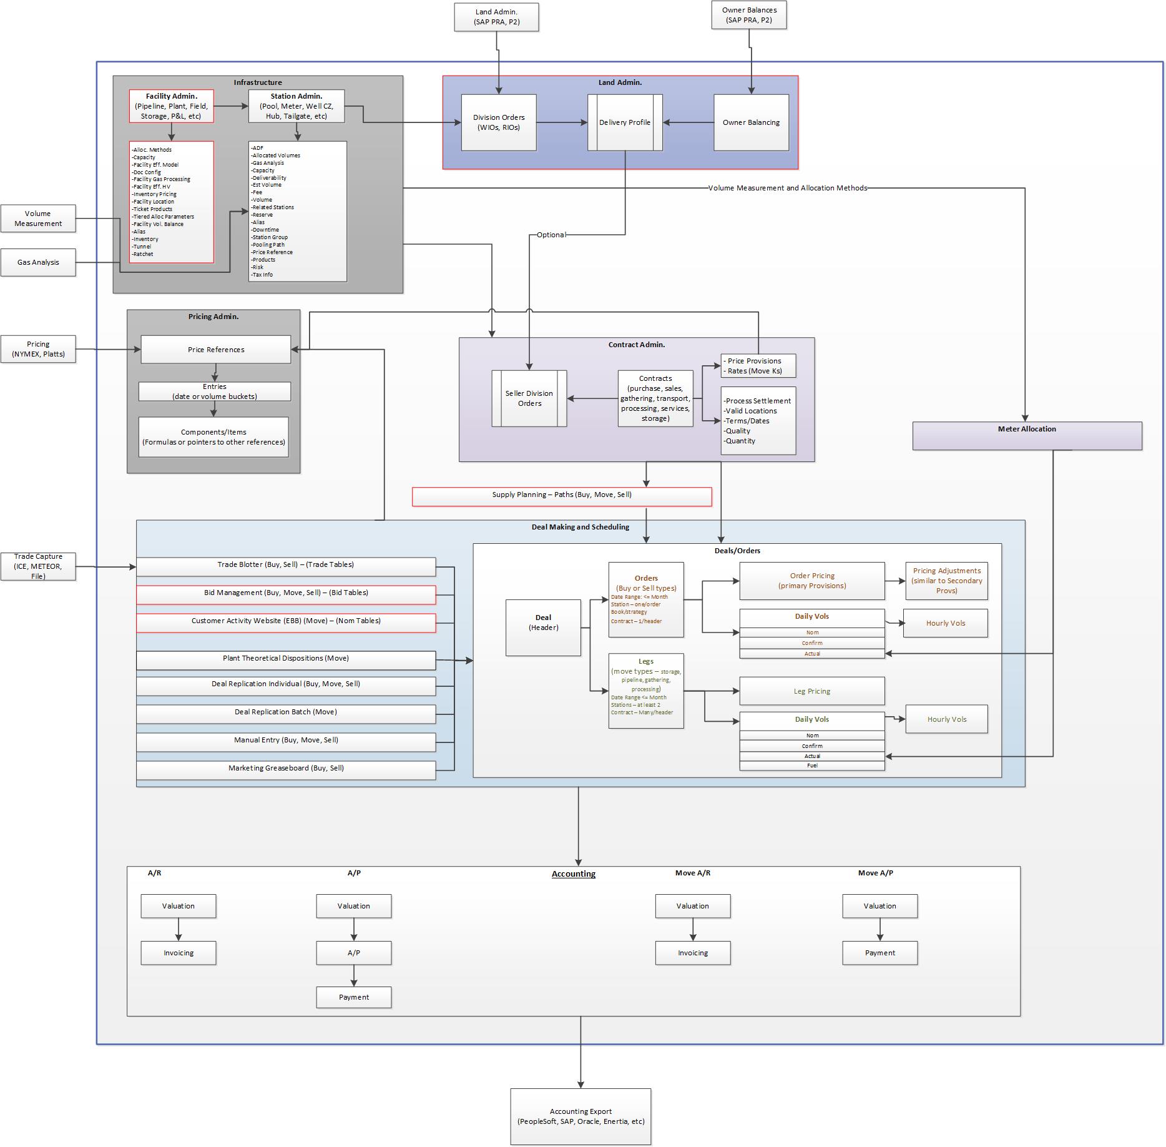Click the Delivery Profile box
tap(625, 122)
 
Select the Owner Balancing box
tap(751, 122)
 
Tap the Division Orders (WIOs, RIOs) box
tap(499, 122)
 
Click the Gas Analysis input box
tap(38, 262)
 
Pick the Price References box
tap(216, 350)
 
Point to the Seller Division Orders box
tap(529, 398)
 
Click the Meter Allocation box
tap(1027, 435)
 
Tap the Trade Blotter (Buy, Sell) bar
tap(286, 566)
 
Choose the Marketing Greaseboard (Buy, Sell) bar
tap(286, 769)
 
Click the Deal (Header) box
tap(543, 628)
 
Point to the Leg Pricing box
tap(812, 691)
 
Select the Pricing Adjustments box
tap(946, 581)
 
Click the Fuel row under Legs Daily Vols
tap(812, 765)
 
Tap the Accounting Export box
tap(581, 1116)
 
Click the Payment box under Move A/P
tap(880, 953)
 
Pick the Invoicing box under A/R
tap(179, 953)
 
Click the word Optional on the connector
tap(551, 235)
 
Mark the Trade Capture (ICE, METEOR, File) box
tap(38, 566)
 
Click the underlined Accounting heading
tap(574, 874)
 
